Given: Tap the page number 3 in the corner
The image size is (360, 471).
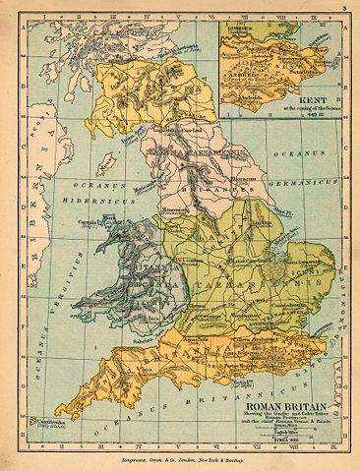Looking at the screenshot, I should coord(345,9).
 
